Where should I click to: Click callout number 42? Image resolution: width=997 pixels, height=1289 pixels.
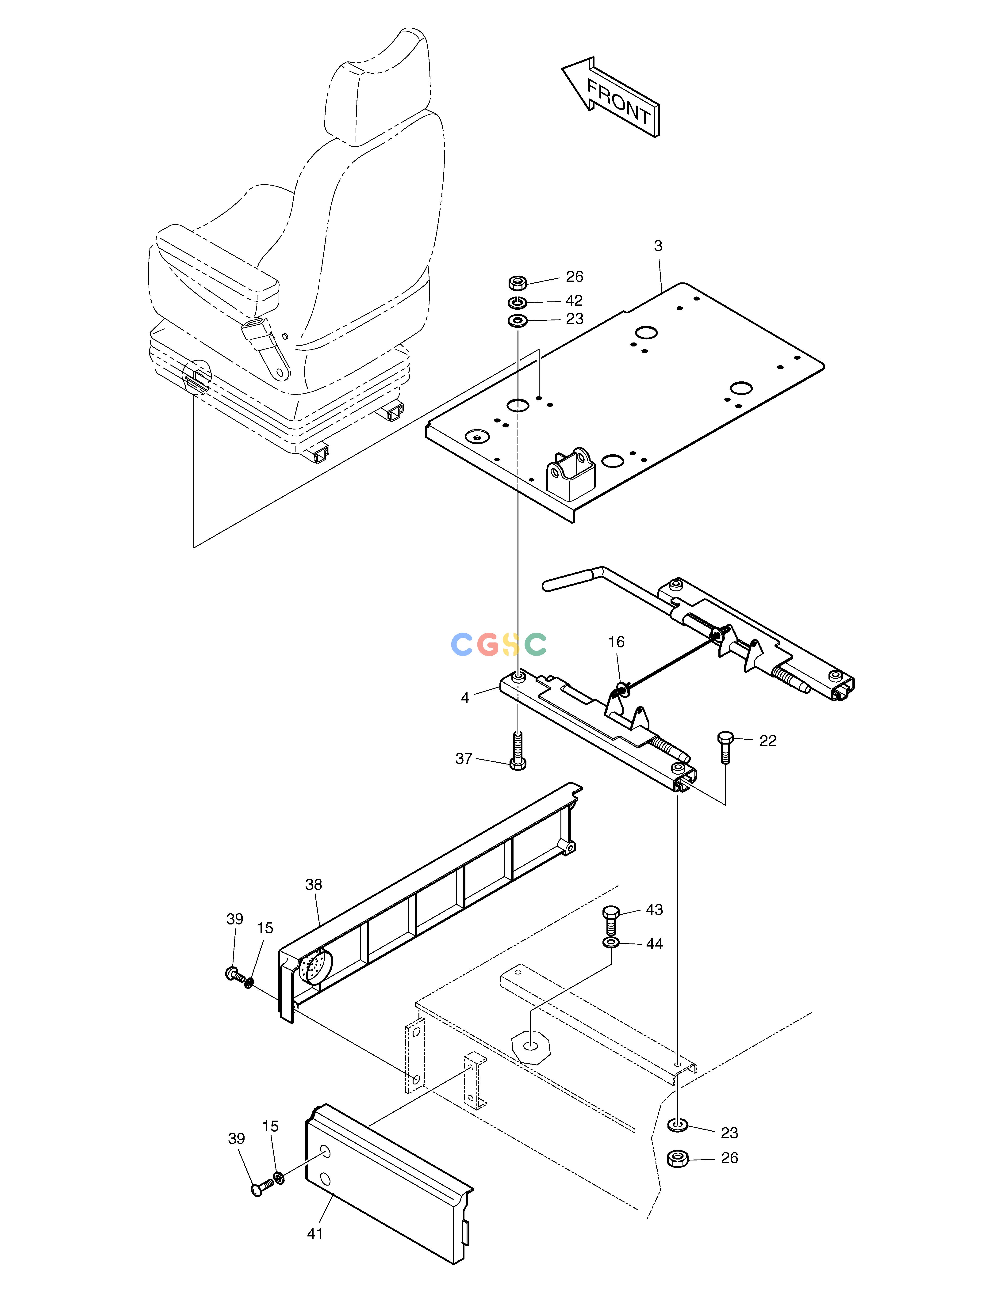pos(574,300)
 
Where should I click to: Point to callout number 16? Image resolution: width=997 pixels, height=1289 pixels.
pos(616,642)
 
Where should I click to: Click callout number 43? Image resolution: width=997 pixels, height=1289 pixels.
pos(654,909)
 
